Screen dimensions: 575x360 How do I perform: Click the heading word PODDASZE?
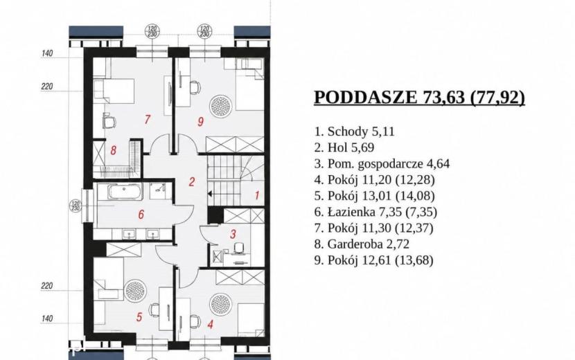[x=365, y=98]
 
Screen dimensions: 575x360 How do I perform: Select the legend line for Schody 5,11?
[x=354, y=132]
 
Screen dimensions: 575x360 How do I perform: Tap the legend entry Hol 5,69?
[x=344, y=147]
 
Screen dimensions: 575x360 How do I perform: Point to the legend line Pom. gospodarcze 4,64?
[x=382, y=163]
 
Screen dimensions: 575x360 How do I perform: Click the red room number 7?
[x=147, y=119]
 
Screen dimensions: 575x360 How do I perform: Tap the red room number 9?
[x=200, y=121]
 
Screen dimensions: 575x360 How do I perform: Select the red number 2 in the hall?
[x=191, y=181]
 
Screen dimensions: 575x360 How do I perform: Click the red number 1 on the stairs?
[x=257, y=195]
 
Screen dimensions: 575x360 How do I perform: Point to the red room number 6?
[x=141, y=214]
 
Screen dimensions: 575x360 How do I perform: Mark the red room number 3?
[x=233, y=234]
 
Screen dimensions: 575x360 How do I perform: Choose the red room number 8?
[x=114, y=150]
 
